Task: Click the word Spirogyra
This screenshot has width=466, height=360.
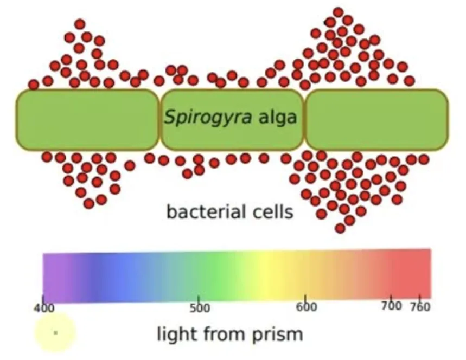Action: pyautogui.click(x=208, y=117)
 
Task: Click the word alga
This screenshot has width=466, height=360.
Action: pyautogui.click(x=278, y=117)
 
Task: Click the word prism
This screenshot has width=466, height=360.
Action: pyautogui.click(x=278, y=335)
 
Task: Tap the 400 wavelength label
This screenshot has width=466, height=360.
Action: pyautogui.click(x=44, y=308)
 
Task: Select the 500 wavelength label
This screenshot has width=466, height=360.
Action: pyautogui.click(x=200, y=308)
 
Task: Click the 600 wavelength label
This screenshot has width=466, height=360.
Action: pyautogui.click(x=307, y=306)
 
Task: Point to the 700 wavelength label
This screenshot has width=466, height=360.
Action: pyautogui.click(x=391, y=306)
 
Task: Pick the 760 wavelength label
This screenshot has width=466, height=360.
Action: pyautogui.click(x=420, y=306)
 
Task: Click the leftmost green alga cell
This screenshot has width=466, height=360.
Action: pyautogui.click(x=87, y=119)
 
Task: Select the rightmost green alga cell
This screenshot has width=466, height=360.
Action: pyautogui.click(x=376, y=119)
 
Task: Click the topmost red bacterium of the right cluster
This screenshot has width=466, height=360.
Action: pyautogui.click(x=338, y=12)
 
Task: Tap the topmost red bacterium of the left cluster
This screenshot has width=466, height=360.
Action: pyautogui.click(x=80, y=24)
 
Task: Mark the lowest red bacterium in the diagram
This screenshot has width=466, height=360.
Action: pyautogui.click(x=340, y=228)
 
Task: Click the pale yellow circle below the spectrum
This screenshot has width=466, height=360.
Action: pyautogui.click(x=55, y=333)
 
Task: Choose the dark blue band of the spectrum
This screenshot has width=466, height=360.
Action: pyautogui.click(x=95, y=278)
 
